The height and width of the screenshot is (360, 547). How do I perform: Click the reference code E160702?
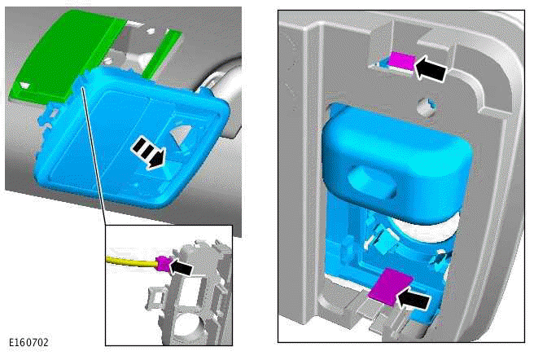tap(28, 343)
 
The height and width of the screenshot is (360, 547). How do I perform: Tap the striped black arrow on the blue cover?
tap(148, 153)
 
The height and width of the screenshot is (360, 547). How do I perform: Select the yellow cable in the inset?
tap(132, 262)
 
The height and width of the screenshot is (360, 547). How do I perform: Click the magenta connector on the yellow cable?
tap(164, 264)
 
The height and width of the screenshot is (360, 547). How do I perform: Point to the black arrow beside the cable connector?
tap(181, 267)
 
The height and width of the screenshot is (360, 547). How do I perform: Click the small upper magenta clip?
tap(402, 61)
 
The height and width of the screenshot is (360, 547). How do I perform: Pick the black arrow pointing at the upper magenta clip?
tap(430, 68)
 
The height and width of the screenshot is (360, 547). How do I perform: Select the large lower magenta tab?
tap(391, 286)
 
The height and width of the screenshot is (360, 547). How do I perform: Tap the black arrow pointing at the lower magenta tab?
tap(414, 301)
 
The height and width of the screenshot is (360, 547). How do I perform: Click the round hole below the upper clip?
tap(426, 107)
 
